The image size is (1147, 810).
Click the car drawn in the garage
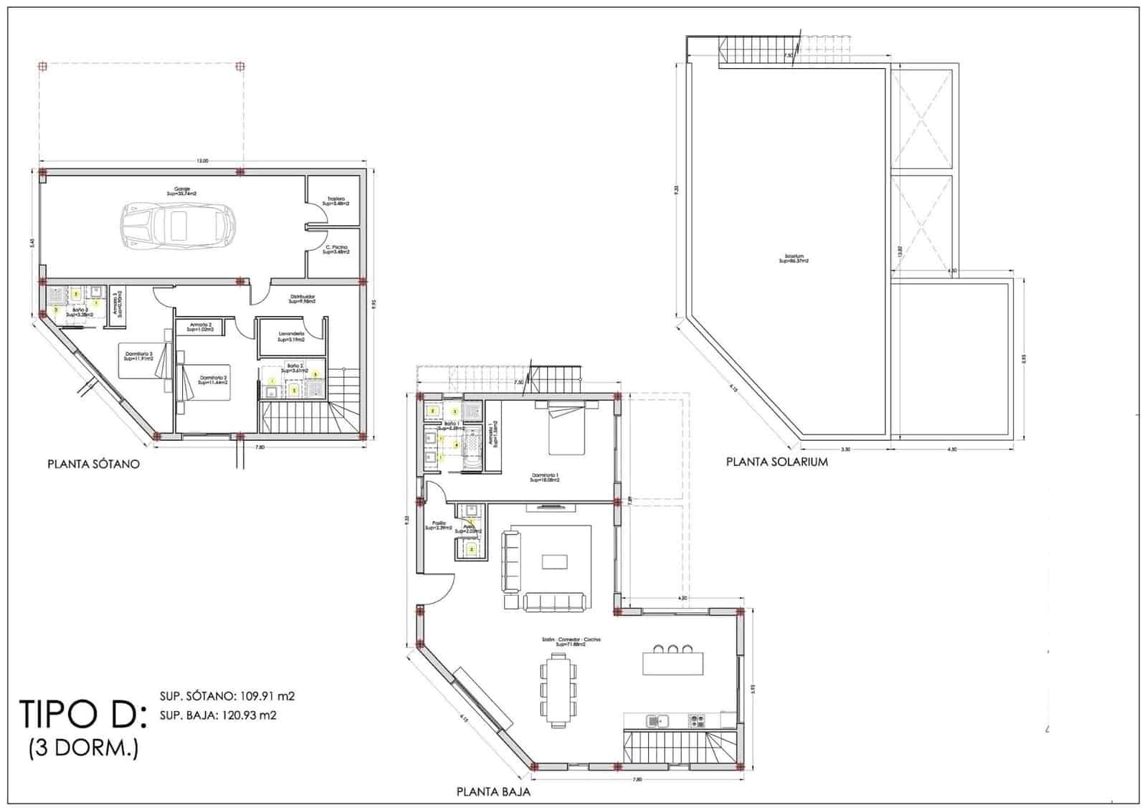pos(179,224)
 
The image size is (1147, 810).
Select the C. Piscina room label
pos(335,249)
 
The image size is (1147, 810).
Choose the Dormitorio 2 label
pos(213,379)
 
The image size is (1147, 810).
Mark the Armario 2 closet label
pos(200,326)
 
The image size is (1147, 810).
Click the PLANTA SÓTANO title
pos(93,464)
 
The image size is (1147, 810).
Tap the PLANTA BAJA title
pos(493,792)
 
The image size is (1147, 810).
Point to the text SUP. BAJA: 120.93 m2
pos(218,715)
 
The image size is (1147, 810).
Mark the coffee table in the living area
pos(554,561)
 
